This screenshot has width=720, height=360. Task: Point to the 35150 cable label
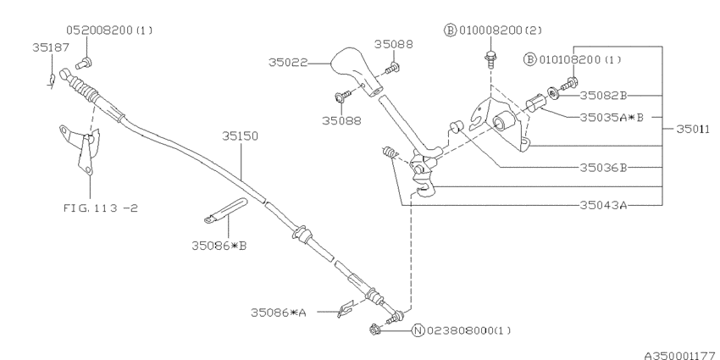tap(240, 135)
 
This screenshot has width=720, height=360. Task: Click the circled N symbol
tap(417, 330)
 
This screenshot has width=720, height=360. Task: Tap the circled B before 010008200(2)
tap(450, 30)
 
